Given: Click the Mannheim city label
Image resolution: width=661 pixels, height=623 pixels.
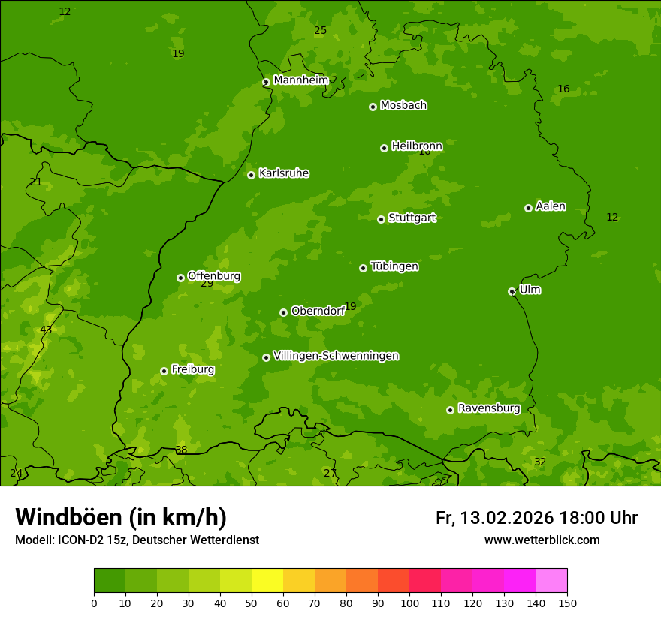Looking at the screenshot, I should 300,80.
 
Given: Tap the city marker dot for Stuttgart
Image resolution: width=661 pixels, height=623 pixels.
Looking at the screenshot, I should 381,219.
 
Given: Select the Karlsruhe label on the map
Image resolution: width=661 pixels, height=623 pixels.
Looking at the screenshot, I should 283,173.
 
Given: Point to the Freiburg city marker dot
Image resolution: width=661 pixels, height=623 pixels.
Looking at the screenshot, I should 164,371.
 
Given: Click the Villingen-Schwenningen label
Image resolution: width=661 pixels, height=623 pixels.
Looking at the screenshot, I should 336,356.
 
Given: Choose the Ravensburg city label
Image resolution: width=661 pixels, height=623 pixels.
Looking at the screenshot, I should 488,408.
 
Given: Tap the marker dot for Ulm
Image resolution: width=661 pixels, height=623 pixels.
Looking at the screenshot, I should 512,291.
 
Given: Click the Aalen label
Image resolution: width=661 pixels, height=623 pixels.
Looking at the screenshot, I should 551,206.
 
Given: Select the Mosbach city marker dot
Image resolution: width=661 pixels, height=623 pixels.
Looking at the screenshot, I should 373,107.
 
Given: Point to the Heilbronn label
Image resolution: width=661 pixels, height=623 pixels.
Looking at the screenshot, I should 417,146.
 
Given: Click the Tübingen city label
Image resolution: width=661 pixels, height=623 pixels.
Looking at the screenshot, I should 394,266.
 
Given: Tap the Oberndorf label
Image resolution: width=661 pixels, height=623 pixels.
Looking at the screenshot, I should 317,311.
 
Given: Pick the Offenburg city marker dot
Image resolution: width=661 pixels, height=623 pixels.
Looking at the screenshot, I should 180,278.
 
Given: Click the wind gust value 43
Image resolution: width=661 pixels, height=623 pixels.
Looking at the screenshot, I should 46,330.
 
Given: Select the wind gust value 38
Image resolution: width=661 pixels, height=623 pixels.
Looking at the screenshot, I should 181,450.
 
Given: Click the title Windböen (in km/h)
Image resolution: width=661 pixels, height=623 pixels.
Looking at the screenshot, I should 121,517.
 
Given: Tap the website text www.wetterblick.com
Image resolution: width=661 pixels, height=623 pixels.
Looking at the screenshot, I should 542,540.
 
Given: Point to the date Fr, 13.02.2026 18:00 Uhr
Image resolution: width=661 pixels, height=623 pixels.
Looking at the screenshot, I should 536,518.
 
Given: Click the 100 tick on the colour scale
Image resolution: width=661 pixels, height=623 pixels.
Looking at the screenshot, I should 409,602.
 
